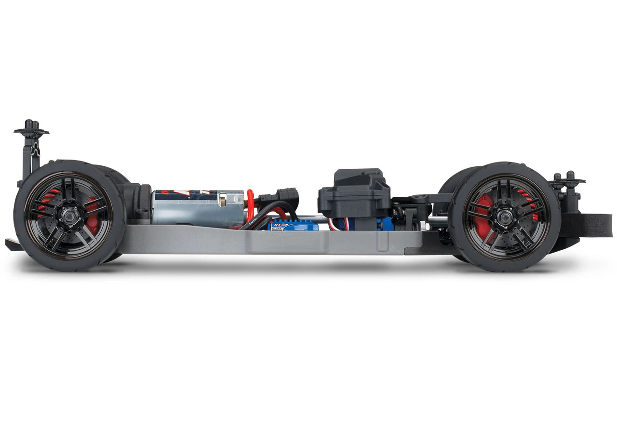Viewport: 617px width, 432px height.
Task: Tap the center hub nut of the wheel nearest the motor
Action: (69, 216)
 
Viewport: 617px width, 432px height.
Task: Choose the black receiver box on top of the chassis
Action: (354, 193)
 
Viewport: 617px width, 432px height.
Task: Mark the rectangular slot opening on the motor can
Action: (223, 200)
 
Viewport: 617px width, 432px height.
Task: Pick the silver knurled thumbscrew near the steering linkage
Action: (422, 225)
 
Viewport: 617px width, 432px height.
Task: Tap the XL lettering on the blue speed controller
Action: (277, 225)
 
